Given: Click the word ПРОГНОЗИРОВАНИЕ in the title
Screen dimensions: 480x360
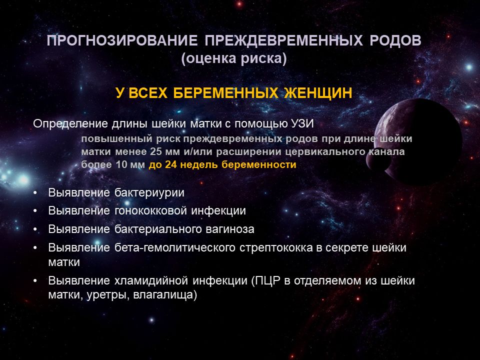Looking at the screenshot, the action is pos(122,40).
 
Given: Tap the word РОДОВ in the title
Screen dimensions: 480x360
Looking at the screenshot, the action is pos(395,40).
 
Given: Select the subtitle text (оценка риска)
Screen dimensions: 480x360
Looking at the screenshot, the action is pos(234,58).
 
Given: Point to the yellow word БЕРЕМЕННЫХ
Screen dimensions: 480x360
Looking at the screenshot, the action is pos(225,93).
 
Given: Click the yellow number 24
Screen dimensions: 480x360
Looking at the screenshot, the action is pos(171,164).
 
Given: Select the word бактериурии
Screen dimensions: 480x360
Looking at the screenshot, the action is pos(149,193).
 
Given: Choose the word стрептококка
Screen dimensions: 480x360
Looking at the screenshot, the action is pos(276,248).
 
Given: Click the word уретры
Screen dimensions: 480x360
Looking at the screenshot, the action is pos(108,295).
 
